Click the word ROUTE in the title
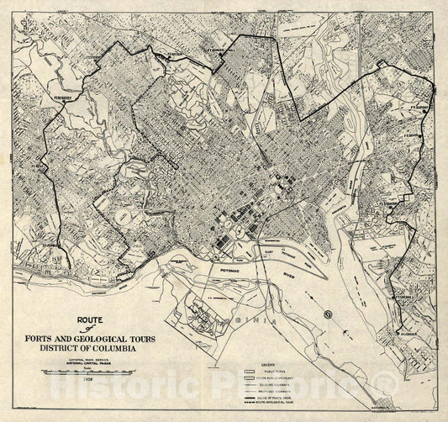88,319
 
